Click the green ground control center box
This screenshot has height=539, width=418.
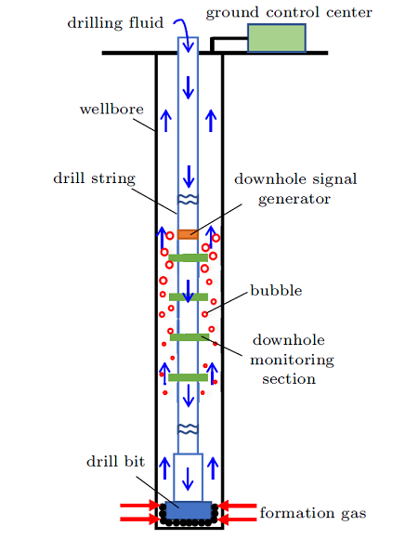[x=277, y=38]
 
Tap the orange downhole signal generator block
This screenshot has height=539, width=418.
[x=188, y=234]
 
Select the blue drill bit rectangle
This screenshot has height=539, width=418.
[x=189, y=510]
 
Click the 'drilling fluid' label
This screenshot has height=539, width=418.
[x=115, y=23]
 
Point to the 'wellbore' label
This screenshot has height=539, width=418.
[x=112, y=109]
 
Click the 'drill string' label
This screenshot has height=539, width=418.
[x=95, y=178]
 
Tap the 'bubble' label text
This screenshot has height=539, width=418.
[x=276, y=291]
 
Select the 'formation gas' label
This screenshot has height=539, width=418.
[x=313, y=513]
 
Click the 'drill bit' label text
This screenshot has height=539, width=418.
[x=116, y=461]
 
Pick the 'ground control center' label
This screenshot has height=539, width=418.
[x=289, y=13]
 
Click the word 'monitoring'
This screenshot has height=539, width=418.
[x=292, y=361]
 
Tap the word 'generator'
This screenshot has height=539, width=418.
[x=294, y=199]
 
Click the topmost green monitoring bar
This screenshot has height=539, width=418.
[x=189, y=257]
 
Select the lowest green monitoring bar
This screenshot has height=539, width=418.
[x=189, y=377]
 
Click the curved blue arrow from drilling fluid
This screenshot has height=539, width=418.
[x=185, y=34]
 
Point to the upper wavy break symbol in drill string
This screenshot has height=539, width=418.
[x=188, y=200]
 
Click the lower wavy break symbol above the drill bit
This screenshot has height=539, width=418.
[x=188, y=429]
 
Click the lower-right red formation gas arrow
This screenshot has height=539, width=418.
[x=238, y=519]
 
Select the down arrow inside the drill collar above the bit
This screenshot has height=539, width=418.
[x=188, y=480]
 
